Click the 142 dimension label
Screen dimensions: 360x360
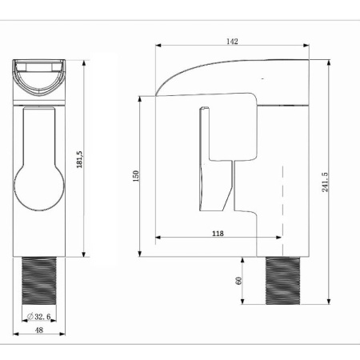pos(232,42)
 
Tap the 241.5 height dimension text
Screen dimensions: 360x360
pos(325,182)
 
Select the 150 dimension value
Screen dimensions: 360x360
pos(136,176)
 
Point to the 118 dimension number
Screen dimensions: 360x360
pos(218,234)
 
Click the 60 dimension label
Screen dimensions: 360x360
pos(238,281)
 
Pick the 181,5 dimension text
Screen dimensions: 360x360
pos(79,159)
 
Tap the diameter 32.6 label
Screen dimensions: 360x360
pos(39,317)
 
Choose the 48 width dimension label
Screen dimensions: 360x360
pos(39,330)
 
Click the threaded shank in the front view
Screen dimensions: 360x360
pos(39,281)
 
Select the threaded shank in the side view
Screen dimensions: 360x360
pos(283,281)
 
